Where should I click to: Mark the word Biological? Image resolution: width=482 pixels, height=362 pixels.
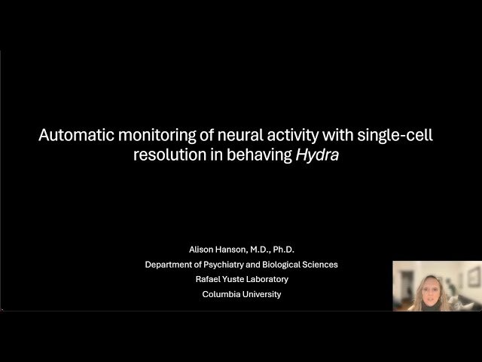[x=291, y=265]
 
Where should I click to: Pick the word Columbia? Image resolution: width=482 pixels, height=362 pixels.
[x=221, y=295]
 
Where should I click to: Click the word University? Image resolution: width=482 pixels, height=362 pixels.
[x=262, y=295]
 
